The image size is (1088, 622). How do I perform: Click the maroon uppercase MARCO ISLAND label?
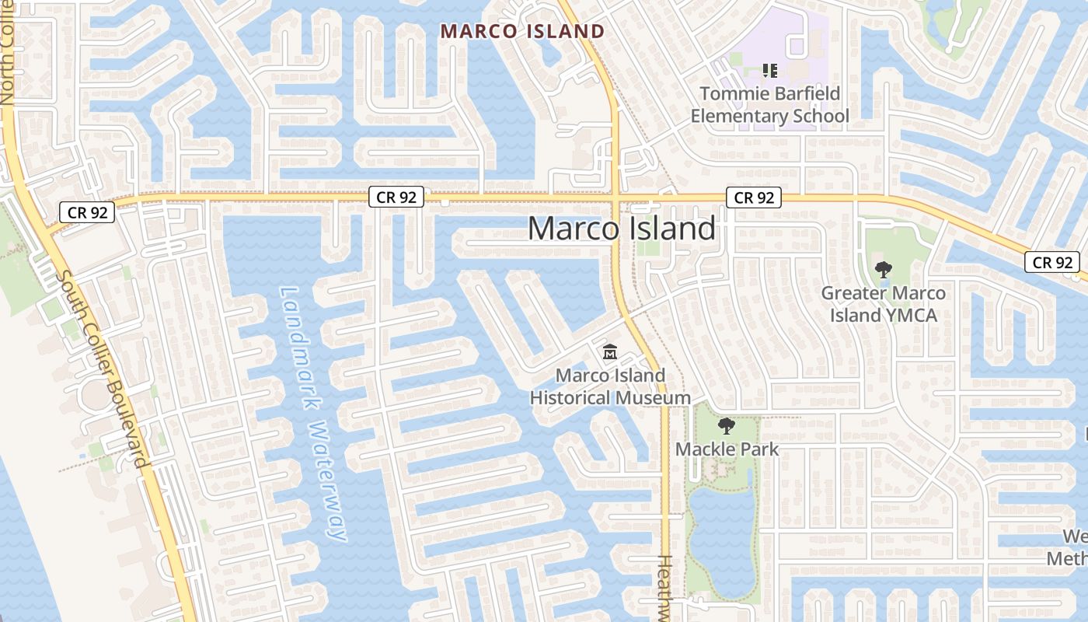click(522, 32)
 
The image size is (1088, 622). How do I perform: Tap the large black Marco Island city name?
click(621, 229)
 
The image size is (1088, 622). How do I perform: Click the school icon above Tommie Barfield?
click(770, 72)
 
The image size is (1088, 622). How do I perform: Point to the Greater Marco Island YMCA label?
click(884, 304)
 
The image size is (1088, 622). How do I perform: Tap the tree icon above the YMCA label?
click(883, 271)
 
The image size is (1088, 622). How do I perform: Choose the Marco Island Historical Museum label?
click(610, 386)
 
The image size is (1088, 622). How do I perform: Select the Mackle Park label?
click(727, 449)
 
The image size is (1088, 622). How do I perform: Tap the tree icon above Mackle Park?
click(727, 426)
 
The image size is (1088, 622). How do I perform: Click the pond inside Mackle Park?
click(721, 536)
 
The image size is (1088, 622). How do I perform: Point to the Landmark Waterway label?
click(313, 412)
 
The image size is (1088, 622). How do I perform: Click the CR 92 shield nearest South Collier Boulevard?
click(87, 211)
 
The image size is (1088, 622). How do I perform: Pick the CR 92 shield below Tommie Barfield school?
click(754, 197)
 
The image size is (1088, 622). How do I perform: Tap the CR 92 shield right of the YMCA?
click(1052, 262)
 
